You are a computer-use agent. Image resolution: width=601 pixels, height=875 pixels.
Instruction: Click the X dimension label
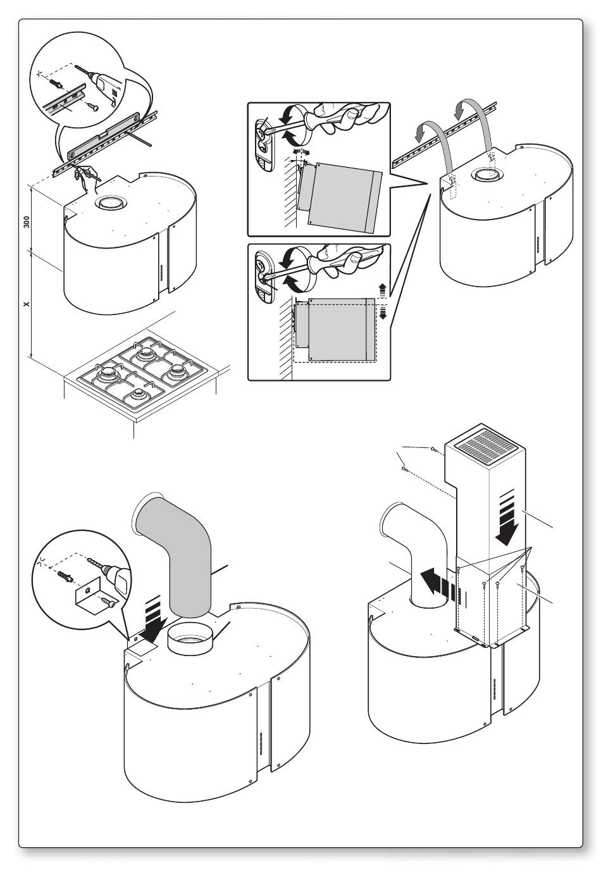coord(27,304)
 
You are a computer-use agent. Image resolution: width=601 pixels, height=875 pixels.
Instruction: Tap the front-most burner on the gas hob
coord(138,396)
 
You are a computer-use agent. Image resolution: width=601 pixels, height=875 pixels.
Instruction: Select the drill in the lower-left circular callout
coord(118,579)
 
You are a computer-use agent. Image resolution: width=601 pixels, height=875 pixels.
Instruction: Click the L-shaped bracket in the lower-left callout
coord(91,593)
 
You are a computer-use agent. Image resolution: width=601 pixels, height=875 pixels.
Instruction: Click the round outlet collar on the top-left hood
coord(110,204)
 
